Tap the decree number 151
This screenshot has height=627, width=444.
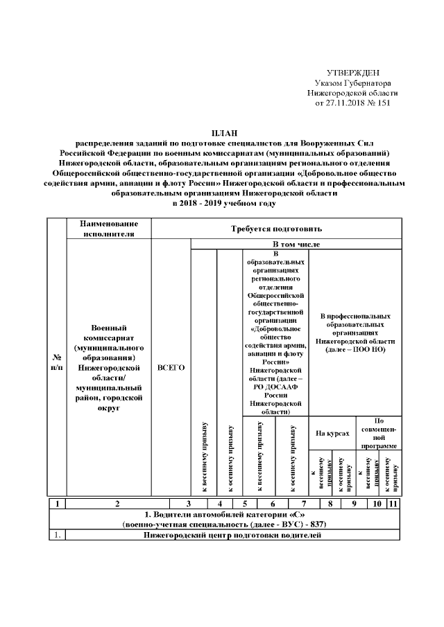pyautogui.click(x=384, y=102)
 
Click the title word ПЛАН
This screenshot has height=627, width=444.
pyautogui.click(x=222, y=132)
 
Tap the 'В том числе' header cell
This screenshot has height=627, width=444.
pyautogui.click(x=296, y=244)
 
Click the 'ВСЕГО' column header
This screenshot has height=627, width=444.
pyautogui.click(x=171, y=367)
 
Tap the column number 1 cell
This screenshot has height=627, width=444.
pyautogui.click(x=56, y=504)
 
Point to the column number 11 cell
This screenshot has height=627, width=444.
pyautogui.click(x=393, y=504)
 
